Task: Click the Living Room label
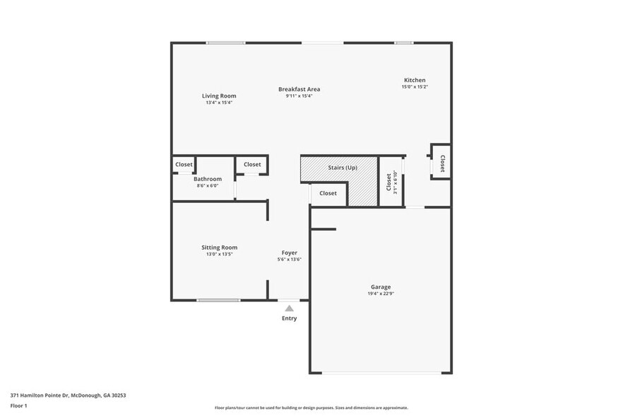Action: (219, 96)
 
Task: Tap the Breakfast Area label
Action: (299, 89)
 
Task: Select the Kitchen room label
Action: (415, 80)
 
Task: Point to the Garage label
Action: (381, 287)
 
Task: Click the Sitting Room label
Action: (219, 248)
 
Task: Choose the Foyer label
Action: (290, 253)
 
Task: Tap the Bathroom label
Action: (208, 179)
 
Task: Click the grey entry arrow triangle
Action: (289, 308)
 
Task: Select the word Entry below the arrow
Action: (290, 318)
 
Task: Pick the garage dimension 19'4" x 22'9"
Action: (381, 294)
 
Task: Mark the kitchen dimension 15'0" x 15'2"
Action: (415, 87)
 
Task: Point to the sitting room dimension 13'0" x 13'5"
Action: (219, 254)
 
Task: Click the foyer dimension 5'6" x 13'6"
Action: (290, 260)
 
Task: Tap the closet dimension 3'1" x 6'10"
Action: (396, 183)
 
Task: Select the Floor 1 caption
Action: (19, 405)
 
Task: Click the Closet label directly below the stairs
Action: (328, 193)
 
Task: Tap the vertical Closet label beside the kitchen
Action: (442, 164)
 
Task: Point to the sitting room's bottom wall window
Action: (218, 300)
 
